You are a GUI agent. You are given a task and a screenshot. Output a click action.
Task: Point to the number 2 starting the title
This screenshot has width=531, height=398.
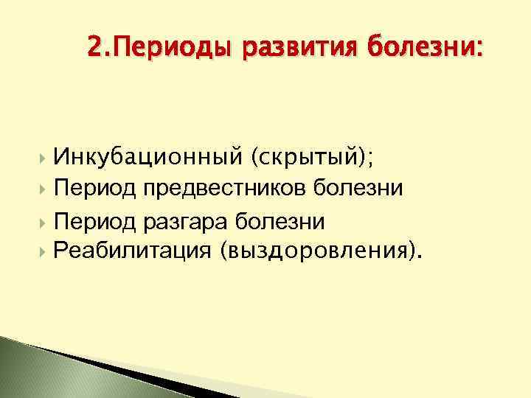pyautogui.click(x=92, y=49)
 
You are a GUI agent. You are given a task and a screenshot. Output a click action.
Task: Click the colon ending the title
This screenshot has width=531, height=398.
pyautogui.click(x=482, y=50)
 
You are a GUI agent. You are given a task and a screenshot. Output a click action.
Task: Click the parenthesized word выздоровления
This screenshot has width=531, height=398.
pyautogui.click(x=317, y=251)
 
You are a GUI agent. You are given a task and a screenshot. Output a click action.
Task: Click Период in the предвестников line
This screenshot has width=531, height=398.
pyautogui.click(x=96, y=189)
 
